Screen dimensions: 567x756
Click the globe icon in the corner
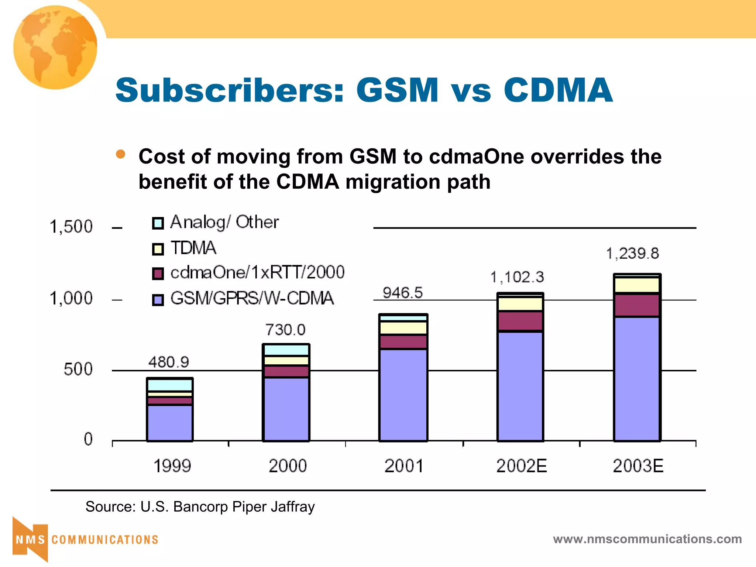point(55,47)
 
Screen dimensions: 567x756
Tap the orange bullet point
point(120,154)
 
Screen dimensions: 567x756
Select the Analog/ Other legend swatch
point(158,223)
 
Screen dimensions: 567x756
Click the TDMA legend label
point(193,248)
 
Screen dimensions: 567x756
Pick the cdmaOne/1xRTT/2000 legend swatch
point(158,274)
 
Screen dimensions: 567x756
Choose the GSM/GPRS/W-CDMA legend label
point(252,298)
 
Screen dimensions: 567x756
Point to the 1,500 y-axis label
point(71,227)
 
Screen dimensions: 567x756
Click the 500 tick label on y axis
point(78,369)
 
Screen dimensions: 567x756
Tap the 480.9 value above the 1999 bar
point(169,362)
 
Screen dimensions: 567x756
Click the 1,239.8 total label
point(632,254)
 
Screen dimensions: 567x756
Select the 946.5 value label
point(402,293)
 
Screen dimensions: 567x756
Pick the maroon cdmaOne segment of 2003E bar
point(637,305)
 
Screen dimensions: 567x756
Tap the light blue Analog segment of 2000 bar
point(286,350)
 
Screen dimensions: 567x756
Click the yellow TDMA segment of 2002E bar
point(520,304)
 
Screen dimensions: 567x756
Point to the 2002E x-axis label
point(521,466)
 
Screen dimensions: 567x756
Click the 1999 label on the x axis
point(172,466)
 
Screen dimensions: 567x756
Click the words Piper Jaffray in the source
point(273,507)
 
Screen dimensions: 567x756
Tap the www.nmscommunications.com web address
point(647,539)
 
